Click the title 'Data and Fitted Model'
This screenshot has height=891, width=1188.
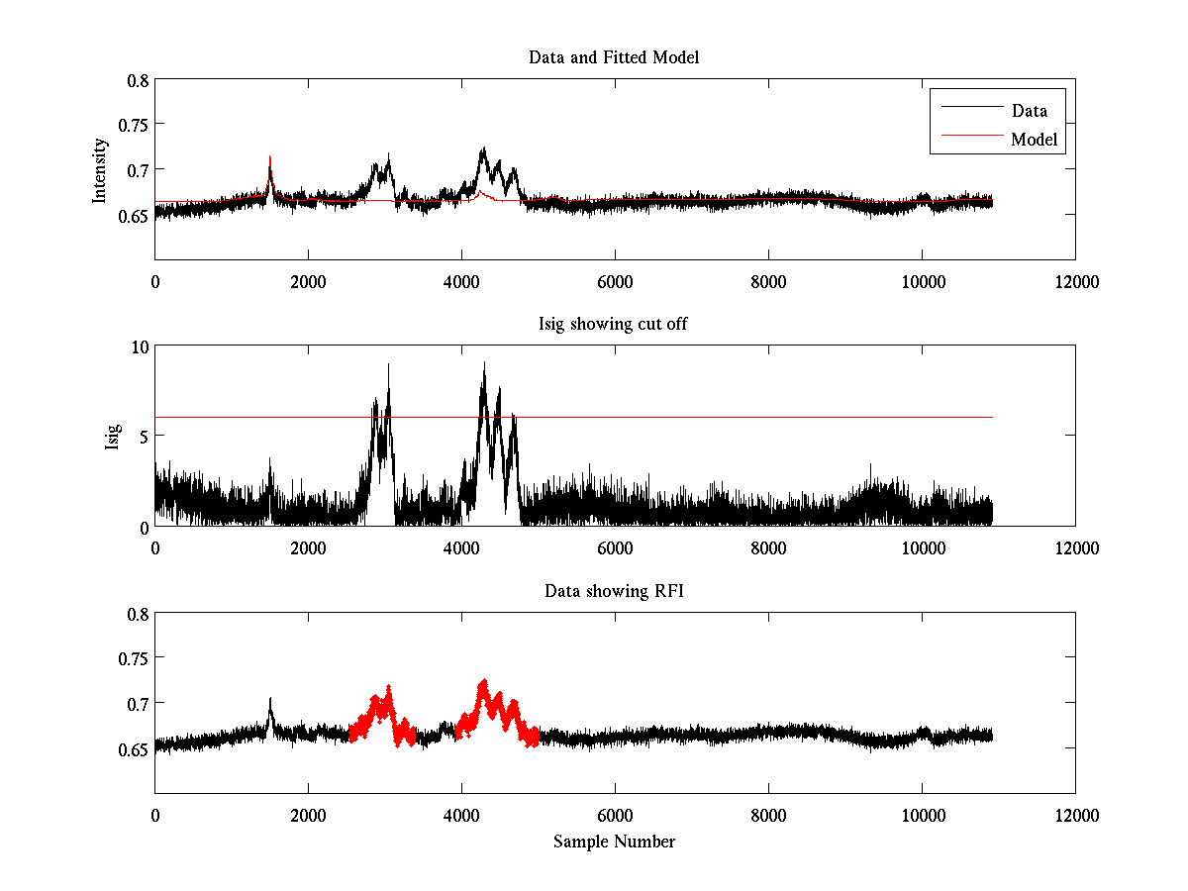click(x=614, y=57)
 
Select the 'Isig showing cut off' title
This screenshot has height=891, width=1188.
click(x=614, y=325)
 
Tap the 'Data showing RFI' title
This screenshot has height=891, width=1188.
click(x=614, y=591)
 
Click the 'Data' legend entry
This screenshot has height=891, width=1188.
click(x=1029, y=110)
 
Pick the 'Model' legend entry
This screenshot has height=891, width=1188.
click(x=1034, y=140)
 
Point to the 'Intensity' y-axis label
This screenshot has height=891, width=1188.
click(x=99, y=170)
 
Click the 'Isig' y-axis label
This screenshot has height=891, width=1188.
click(x=113, y=436)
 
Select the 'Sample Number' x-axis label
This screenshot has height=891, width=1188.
click(x=614, y=841)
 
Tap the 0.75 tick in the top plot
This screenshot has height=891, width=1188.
click(x=135, y=125)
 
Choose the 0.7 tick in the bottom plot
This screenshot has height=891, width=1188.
click(x=139, y=703)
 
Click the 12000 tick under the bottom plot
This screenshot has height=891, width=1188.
click(x=1075, y=815)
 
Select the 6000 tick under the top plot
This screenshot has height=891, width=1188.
click(x=615, y=281)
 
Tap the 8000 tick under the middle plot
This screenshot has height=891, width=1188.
click(x=768, y=547)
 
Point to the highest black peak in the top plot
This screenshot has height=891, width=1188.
click(x=483, y=149)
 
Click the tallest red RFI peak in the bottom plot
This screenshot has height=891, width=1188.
click(x=483, y=682)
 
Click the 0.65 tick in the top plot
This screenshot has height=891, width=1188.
click(x=135, y=214)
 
